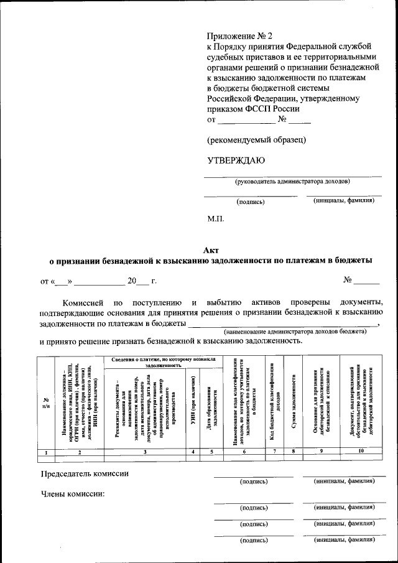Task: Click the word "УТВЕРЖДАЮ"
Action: point(236,160)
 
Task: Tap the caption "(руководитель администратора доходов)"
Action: point(292,182)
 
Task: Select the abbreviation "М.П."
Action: point(215,219)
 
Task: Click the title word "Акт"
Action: point(211,249)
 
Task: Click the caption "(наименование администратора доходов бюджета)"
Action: point(295,332)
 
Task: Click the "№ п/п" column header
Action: point(46,403)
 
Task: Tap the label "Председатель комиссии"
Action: point(85,474)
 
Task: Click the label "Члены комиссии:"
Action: point(72,495)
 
